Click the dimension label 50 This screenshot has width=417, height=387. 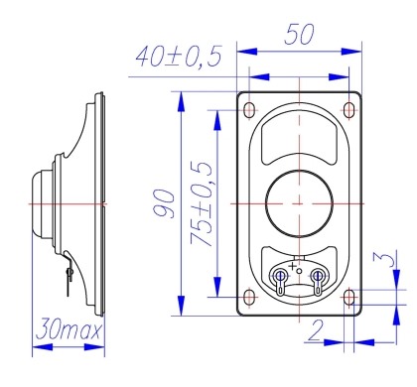coord(299,34)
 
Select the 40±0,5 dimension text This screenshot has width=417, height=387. coord(179,57)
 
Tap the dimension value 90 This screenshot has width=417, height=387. coord(165,203)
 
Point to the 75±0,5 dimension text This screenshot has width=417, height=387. coord(201,203)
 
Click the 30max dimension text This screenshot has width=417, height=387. coord(69,328)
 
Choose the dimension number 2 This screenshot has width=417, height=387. coord(316,330)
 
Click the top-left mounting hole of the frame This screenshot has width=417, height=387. coord(249,110)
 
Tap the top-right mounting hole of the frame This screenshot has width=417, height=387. coord(348,110)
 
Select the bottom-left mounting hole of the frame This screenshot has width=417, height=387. coord(249,297)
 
